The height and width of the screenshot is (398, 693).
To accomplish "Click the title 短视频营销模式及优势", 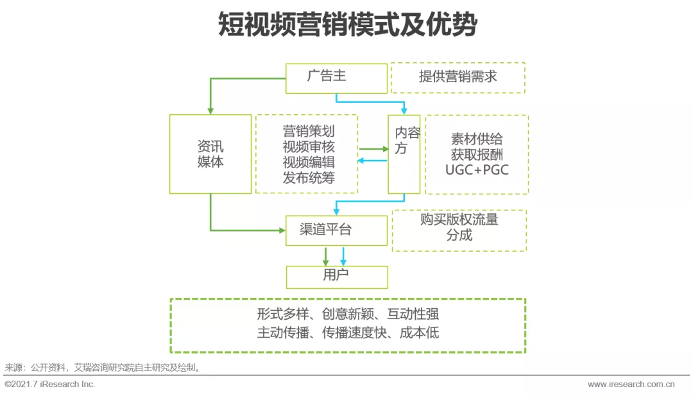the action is point(348,24).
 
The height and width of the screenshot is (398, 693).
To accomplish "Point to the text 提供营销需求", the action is point(458,76).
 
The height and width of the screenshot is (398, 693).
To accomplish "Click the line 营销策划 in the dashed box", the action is point(309,131).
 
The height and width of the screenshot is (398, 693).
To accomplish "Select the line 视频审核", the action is point(309,146).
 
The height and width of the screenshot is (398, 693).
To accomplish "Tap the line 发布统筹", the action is point(309,178).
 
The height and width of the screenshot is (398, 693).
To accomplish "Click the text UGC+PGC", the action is point(477,170).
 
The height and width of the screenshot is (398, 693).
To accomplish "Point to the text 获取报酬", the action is point(477,154).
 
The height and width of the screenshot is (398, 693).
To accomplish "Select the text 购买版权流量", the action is point(459,220).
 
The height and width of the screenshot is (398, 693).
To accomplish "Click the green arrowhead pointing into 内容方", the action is point(386,149).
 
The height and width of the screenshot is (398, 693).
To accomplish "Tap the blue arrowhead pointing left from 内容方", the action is point(360,160).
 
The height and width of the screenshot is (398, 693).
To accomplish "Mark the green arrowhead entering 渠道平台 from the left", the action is point(282,230).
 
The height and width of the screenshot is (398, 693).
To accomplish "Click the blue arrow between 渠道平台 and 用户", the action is point(343,256).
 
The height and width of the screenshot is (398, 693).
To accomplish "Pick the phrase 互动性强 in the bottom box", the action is point(413,314).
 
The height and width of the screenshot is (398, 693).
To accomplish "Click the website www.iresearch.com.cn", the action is point(631,385).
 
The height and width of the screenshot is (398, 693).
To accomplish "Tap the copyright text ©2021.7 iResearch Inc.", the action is point(50,385).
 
